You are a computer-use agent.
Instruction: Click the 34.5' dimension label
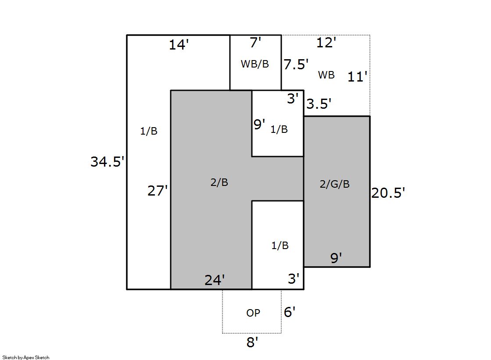click(108, 161)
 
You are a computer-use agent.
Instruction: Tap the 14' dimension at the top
click(179, 45)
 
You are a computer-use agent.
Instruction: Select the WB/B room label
click(255, 64)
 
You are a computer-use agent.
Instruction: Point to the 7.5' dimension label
click(296, 64)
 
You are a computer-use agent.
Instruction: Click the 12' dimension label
click(326, 43)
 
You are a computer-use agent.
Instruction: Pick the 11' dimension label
click(357, 76)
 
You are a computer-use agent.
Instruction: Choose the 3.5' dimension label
click(319, 103)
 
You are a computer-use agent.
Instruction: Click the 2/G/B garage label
click(334, 184)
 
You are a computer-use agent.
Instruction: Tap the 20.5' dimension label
click(388, 193)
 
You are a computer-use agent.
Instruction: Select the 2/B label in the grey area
click(219, 182)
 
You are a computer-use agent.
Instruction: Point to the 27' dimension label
click(158, 191)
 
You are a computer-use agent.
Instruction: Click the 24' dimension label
click(215, 280)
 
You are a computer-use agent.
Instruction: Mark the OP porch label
click(253, 313)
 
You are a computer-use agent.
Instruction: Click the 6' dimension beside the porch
click(289, 312)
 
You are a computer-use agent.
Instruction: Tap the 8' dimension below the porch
click(252, 342)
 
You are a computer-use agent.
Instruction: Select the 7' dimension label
click(255, 43)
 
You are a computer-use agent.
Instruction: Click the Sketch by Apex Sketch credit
click(26, 357)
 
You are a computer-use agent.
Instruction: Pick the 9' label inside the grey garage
click(336, 258)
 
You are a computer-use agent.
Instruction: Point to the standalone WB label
click(326, 75)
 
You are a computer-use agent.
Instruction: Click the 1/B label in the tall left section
click(149, 131)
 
